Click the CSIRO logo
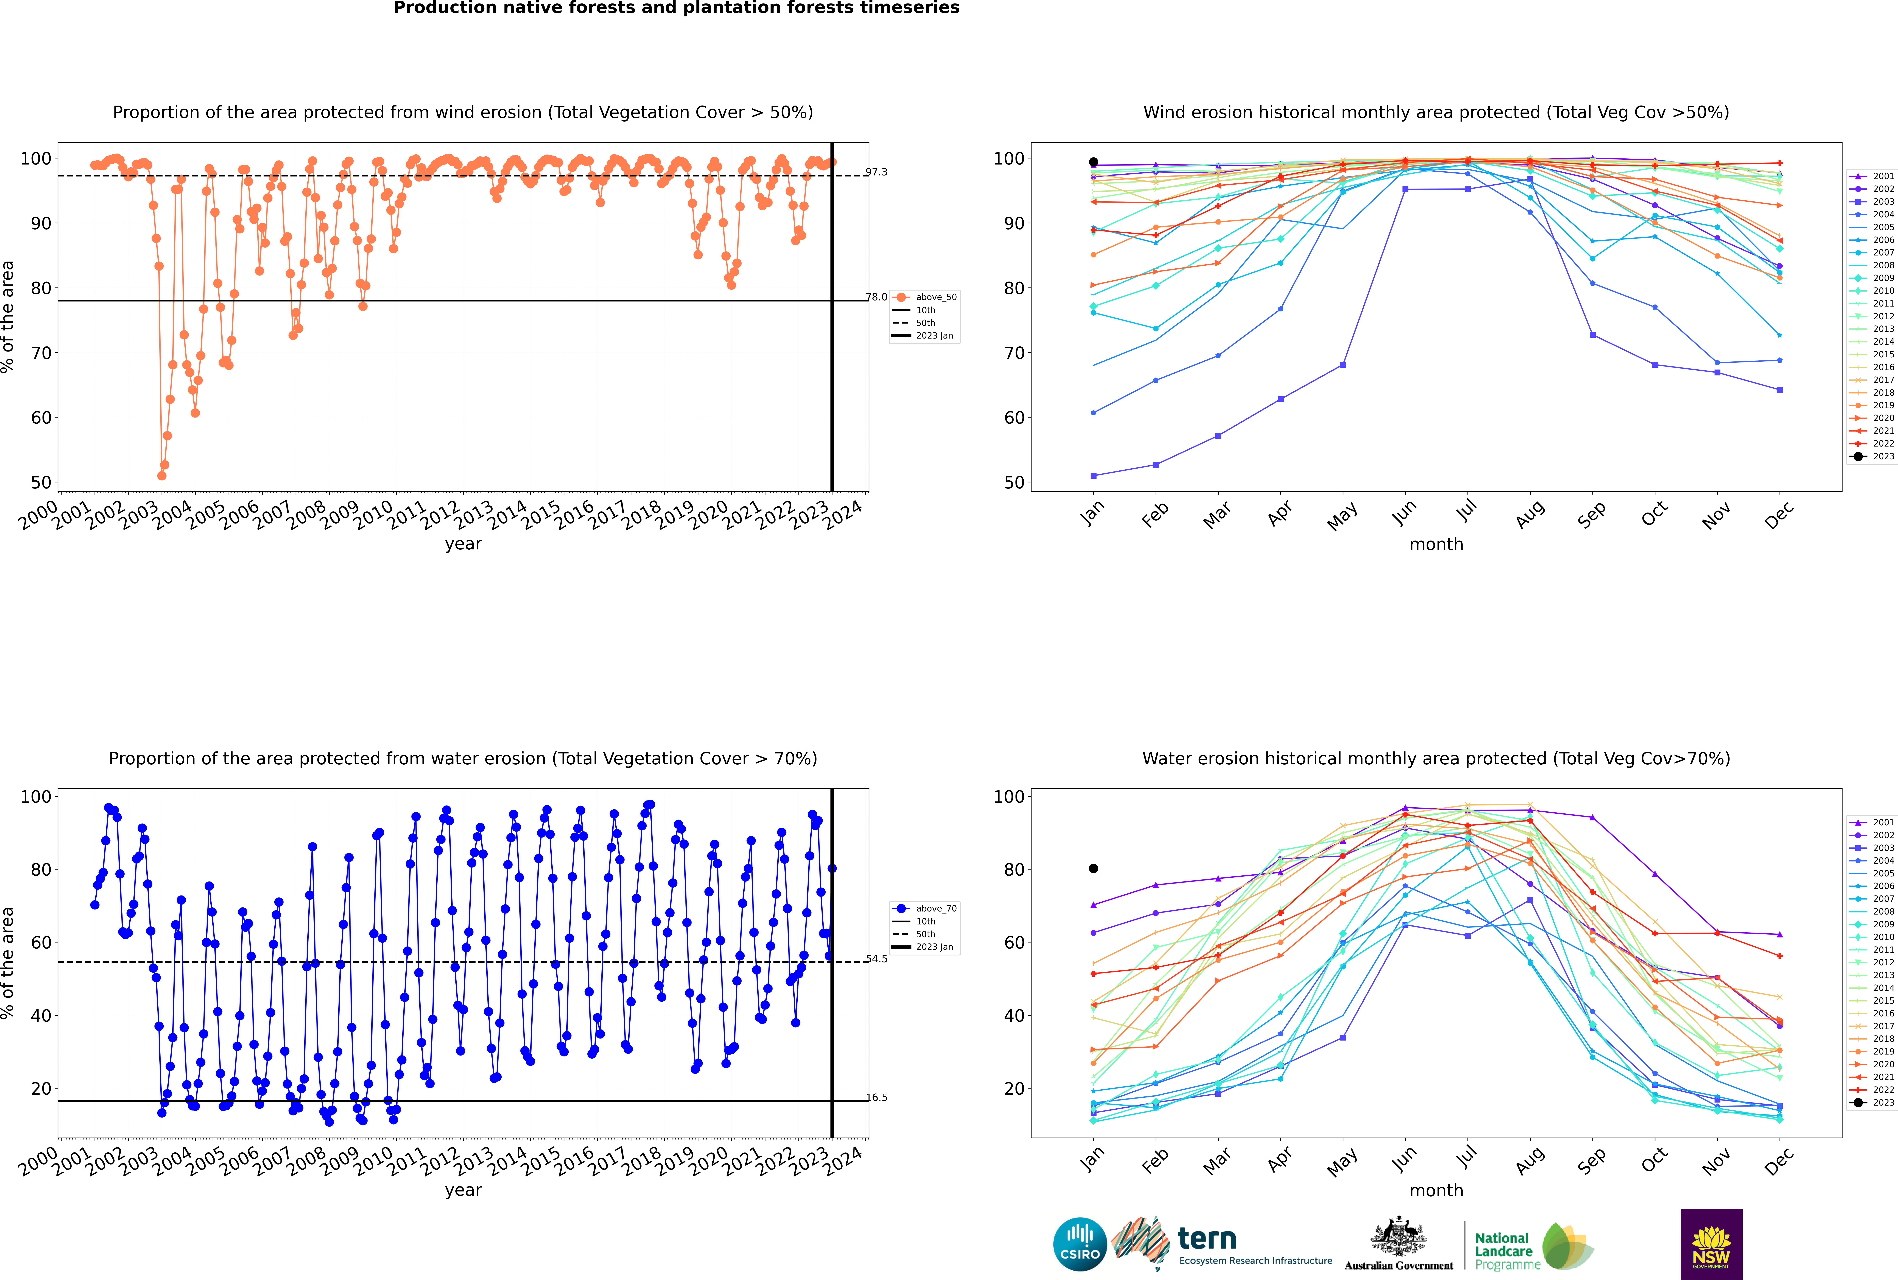[x=1080, y=1244]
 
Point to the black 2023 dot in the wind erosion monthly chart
[x=1093, y=162]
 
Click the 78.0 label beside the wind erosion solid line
[x=876, y=297]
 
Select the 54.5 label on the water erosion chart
[x=876, y=959]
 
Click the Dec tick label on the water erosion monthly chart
[x=1779, y=1161]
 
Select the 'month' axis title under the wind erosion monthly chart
[x=1436, y=545]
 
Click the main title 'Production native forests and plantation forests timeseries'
[x=677, y=8]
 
